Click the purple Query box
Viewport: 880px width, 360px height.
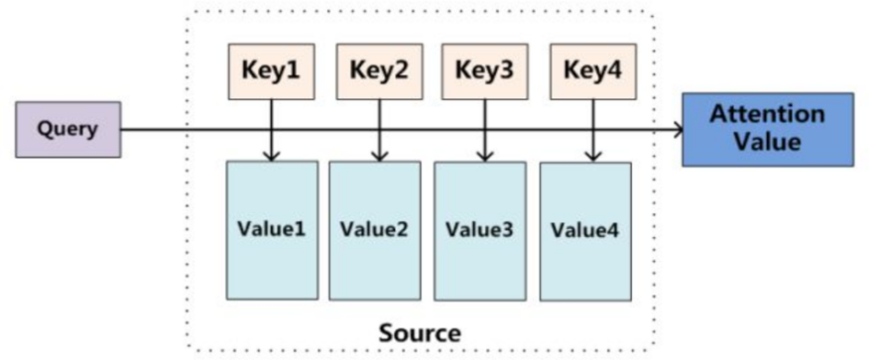67,130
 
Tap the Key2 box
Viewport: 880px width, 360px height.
378,71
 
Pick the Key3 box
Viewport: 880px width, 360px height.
484,71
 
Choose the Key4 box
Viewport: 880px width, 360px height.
592,71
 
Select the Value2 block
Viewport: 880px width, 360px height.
375,231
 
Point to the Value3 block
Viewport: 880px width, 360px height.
480,231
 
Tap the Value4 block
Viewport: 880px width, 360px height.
585,232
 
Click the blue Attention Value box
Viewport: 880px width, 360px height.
767,129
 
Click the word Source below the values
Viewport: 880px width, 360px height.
420,331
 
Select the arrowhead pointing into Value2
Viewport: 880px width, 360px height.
378,155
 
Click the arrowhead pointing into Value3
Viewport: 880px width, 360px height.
484,156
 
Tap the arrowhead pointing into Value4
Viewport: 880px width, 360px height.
592,156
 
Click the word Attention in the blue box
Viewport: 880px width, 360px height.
767,114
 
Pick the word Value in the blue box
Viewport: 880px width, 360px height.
767,142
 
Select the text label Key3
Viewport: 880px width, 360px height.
484,71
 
